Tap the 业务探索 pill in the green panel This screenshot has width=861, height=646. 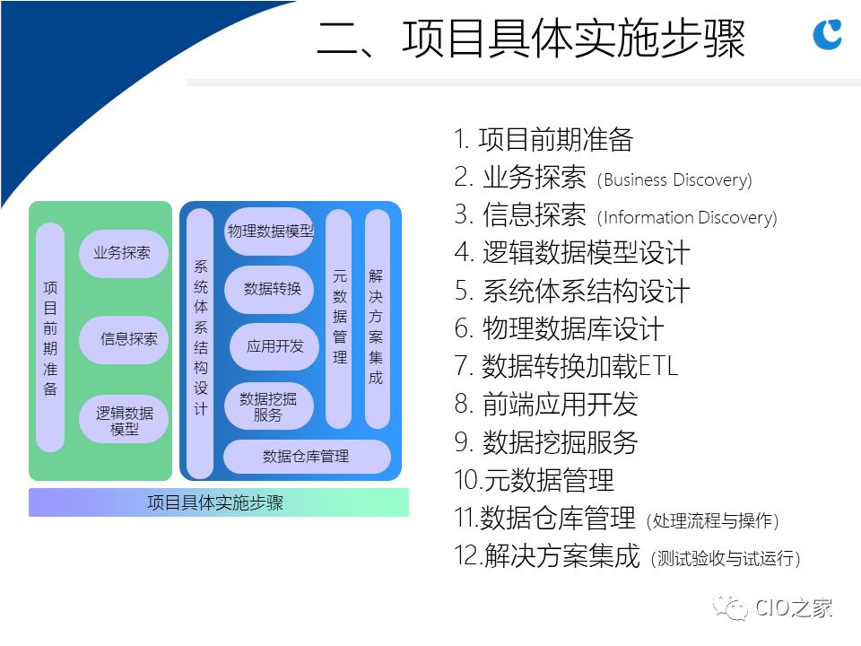[x=123, y=253]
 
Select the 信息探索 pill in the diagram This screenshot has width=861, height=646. [x=123, y=339]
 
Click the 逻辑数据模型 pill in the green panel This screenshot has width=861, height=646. [x=123, y=420]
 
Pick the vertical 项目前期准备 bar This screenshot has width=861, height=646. [x=50, y=337]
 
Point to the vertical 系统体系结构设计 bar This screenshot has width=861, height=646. [x=200, y=343]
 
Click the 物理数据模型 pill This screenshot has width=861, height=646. [x=269, y=231]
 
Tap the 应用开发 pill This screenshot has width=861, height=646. [x=274, y=346]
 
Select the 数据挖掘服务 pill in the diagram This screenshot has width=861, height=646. [x=269, y=406]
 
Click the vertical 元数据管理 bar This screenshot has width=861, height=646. [x=339, y=319]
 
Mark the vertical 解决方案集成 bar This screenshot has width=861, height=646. [x=378, y=319]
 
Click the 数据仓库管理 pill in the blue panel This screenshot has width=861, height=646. [x=307, y=457]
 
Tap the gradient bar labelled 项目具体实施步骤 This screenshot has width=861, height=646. [x=219, y=502]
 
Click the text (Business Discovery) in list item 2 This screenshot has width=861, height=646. [x=674, y=180]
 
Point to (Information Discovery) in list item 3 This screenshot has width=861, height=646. [x=687, y=218]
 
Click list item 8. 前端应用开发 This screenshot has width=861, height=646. [x=546, y=404]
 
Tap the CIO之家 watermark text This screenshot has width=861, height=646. [x=793, y=607]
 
